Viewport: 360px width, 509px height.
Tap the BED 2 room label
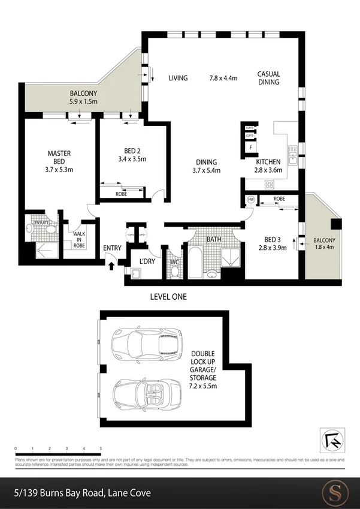click(x=132, y=150)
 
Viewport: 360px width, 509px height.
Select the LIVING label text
click(x=178, y=78)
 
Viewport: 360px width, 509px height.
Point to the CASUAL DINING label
click(x=268, y=78)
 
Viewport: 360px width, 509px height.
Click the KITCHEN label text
click(x=268, y=162)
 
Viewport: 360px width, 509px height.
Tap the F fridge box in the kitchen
click(x=250, y=147)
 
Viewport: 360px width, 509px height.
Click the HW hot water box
click(x=250, y=200)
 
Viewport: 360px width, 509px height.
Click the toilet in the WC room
click(x=174, y=271)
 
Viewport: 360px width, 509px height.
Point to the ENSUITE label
click(x=41, y=221)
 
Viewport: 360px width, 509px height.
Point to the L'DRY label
click(x=147, y=263)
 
